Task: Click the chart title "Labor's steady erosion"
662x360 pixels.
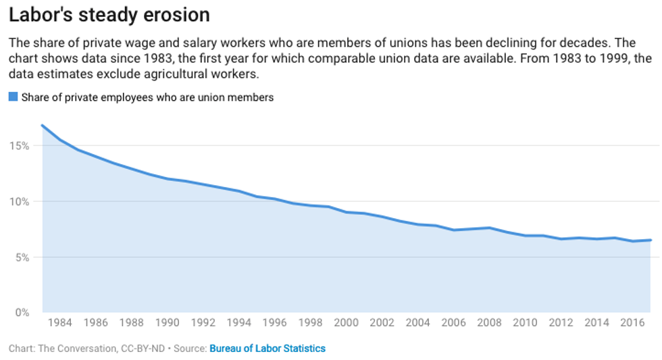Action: click(109, 15)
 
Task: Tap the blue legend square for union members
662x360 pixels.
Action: click(13, 97)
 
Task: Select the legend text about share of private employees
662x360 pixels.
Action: click(147, 97)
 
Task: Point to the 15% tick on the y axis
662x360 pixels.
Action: click(19, 146)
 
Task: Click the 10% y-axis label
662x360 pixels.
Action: click(19, 201)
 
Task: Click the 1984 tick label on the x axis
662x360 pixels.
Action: click(60, 323)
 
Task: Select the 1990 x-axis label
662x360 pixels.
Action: click(168, 323)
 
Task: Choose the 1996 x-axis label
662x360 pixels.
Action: click(275, 323)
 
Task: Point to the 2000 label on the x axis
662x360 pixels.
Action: click(347, 323)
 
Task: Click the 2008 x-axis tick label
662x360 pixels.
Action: click(490, 323)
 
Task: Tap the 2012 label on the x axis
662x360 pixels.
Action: click(561, 323)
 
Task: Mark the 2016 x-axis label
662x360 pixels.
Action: click(633, 323)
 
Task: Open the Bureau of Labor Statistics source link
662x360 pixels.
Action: click(268, 349)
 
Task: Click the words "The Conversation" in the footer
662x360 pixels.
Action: click(71, 349)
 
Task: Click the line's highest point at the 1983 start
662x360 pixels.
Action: click(43, 125)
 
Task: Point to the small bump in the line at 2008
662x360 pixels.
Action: click(490, 228)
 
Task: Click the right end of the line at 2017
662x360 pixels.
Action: click(651, 240)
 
